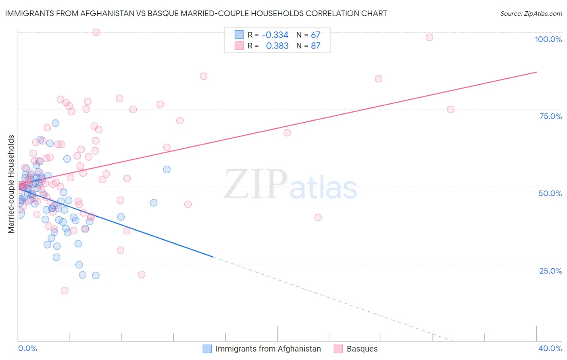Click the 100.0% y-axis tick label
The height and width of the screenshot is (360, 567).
pos(548,39)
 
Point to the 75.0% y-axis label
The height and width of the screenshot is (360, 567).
pos(550,116)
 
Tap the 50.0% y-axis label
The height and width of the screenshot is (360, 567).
pos(550,193)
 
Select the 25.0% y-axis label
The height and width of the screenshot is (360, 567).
pos(550,270)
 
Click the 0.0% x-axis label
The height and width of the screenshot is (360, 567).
pos(27,348)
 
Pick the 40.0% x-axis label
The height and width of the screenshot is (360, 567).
pos(550,348)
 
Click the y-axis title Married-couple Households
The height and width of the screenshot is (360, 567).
pos(11,184)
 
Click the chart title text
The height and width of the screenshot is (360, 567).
pos(196,13)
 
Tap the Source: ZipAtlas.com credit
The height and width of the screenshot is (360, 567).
pos(531,14)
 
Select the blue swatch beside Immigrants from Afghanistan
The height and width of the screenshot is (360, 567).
pos(207,349)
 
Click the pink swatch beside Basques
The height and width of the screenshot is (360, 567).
pos(338,349)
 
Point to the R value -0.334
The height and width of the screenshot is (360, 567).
pos(275,35)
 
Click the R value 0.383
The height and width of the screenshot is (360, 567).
pos(277,46)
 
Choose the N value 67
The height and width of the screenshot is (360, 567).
pos(315,35)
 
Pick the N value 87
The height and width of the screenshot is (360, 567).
pos(315,46)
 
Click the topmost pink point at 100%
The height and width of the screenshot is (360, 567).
pos(96,32)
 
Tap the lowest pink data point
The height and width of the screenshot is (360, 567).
pos(64,291)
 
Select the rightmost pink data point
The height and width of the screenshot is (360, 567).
pos(450,110)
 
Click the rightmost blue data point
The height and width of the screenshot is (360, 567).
pos(167,170)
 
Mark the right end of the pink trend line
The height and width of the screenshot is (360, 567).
pos(536,72)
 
